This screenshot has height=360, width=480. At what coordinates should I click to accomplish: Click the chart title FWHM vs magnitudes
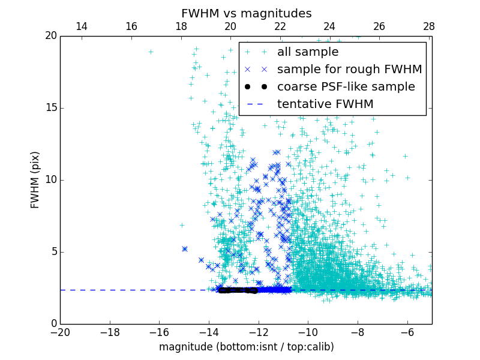pos(246,13)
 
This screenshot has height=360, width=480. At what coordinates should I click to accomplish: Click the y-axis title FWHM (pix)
pos(35,179)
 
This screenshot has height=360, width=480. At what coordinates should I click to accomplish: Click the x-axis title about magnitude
pos(246,347)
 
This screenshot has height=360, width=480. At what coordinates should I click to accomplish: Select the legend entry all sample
pos(307,52)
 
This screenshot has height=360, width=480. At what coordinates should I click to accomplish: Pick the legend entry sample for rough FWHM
pos(349,70)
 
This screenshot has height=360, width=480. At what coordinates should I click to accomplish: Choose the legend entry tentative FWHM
pos(325,104)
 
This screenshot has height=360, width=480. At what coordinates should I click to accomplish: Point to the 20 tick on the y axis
pos(50,36)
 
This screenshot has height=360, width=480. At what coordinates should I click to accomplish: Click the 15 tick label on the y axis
pos(50,108)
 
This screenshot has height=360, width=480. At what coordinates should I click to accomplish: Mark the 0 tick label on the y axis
pos(53,324)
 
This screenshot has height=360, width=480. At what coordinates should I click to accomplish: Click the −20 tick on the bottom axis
pos(60,332)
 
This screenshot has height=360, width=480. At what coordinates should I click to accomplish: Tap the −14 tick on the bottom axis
pos(209,332)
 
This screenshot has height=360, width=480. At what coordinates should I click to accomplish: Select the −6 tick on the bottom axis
pos(407,332)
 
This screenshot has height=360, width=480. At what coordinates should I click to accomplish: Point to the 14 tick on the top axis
pos(82,26)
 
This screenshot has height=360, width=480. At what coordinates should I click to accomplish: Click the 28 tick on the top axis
pos(428,26)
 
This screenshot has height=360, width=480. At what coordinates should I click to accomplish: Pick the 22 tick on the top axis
pos(280,26)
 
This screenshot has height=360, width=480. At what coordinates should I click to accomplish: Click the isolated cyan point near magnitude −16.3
pos(151,52)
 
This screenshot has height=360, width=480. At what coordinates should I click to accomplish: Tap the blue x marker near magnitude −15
pos(185,248)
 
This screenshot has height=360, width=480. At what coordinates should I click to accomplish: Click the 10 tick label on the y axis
pos(50,180)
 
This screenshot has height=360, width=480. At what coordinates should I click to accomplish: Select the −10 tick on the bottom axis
pos(308,332)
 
